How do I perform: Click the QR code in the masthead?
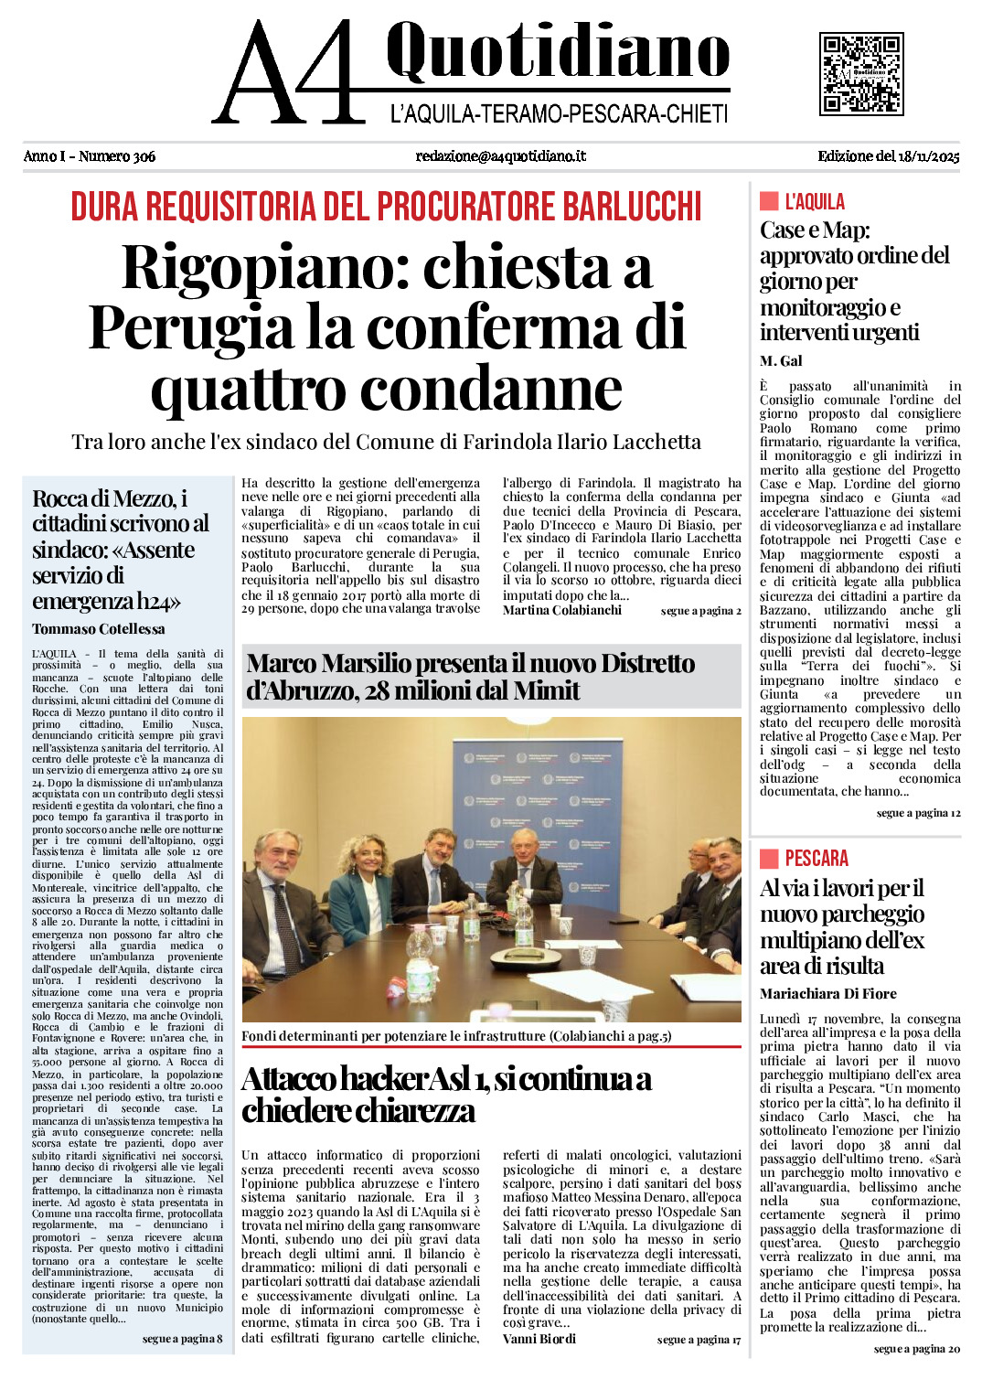(861, 74)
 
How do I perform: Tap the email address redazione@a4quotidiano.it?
(500, 156)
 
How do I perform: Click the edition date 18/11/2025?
(930, 156)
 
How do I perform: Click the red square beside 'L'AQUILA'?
(769, 201)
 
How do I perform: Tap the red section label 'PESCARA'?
(817, 858)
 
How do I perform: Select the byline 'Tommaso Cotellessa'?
(99, 629)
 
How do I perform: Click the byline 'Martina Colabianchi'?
(561, 610)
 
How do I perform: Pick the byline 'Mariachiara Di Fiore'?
(827, 994)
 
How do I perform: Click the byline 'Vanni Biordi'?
(539, 1339)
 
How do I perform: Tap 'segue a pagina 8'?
(182, 1339)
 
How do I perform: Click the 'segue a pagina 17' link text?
(699, 1340)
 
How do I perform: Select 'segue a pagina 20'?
(916, 1349)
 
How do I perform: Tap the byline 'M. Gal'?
(781, 361)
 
